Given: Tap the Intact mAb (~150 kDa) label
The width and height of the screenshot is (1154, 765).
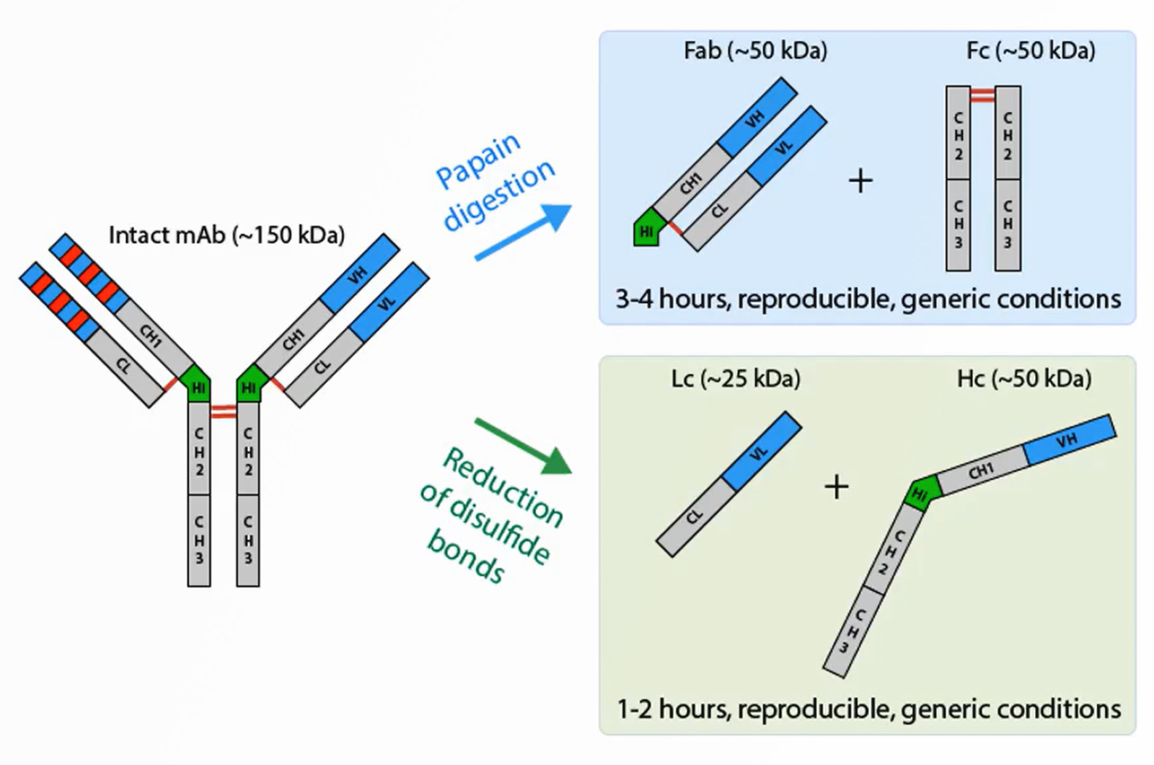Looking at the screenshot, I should click(x=226, y=235).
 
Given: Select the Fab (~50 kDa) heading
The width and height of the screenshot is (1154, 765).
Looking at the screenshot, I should click(x=755, y=51).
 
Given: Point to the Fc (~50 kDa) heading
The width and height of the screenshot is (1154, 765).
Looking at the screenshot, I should click(x=1031, y=51).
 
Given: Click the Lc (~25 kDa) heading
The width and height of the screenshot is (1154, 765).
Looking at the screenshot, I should click(x=735, y=379).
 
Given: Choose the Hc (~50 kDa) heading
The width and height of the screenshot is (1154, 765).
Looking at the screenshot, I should click(x=1023, y=379).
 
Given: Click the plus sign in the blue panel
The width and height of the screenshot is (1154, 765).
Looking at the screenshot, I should click(x=860, y=180).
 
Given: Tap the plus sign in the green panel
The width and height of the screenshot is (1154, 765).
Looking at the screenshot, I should click(x=837, y=487).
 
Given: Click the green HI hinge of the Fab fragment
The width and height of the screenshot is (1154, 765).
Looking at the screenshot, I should click(x=647, y=229).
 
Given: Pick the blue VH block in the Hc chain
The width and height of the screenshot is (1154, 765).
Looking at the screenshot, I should click(x=1069, y=440).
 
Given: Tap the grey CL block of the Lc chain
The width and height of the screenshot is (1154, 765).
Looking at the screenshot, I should click(x=695, y=517).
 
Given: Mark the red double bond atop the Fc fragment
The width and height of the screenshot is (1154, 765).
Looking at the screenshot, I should click(x=982, y=95).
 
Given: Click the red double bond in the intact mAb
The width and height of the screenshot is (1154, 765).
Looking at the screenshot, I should click(x=224, y=412).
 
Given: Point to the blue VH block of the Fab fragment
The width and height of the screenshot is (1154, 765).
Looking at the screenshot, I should click(x=757, y=117).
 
